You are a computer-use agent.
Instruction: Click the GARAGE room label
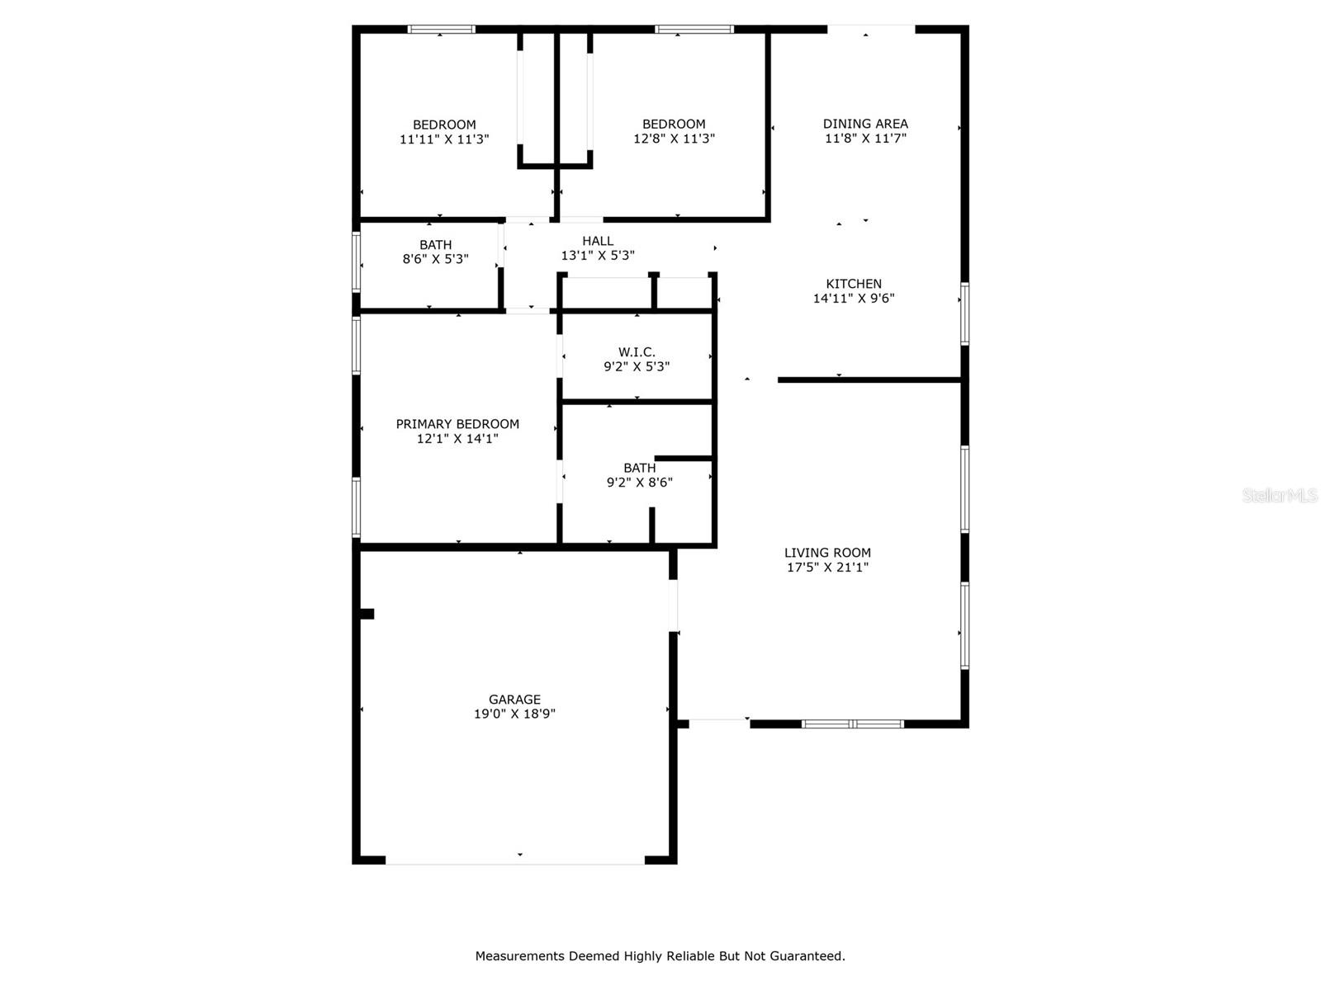[514, 699]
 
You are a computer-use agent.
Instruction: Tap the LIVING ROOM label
[827, 553]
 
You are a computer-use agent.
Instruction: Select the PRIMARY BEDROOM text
[457, 424]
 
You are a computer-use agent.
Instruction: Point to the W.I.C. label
[637, 352]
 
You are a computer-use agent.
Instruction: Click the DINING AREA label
[865, 124]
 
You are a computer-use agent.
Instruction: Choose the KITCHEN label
[854, 284]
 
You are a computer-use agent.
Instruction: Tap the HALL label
[598, 241]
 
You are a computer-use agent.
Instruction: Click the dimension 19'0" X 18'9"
[514, 714]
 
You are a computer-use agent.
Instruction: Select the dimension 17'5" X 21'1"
[827, 568]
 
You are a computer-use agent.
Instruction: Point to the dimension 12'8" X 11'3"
[674, 139]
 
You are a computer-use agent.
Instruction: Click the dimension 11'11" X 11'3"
[444, 139]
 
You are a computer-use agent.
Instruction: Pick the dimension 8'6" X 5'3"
[435, 259]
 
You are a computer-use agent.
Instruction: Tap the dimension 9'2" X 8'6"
[639, 483]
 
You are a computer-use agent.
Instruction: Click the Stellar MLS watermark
[1279, 496]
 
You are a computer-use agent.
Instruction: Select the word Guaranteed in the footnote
[806, 956]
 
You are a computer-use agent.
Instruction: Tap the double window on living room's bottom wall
[853, 724]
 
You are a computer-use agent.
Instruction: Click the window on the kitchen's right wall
[964, 313]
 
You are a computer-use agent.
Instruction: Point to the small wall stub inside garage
[367, 614]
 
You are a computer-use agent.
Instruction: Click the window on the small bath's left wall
[357, 262]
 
